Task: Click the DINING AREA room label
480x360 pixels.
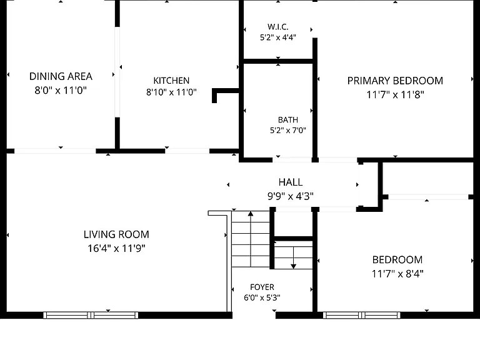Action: click(x=61, y=76)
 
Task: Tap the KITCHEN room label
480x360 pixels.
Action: click(x=171, y=81)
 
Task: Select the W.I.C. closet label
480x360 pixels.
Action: click(x=278, y=27)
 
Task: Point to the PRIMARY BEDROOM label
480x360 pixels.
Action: click(x=395, y=81)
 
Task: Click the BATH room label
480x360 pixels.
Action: click(x=288, y=120)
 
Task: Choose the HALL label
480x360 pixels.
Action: click(x=291, y=182)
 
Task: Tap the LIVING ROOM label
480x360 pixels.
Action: click(x=116, y=234)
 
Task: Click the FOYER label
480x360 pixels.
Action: click(x=262, y=287)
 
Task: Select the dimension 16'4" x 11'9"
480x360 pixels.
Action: click(x=116, y=248)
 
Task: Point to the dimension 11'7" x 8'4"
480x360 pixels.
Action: click(x=397, y=273)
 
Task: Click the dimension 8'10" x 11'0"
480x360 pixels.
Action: click(x=171, y=92)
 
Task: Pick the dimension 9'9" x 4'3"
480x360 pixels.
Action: click(x=291, y=196)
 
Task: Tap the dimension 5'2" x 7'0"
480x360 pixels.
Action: click(x=288, y=131)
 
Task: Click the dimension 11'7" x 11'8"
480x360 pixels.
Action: click(x=395, y=94)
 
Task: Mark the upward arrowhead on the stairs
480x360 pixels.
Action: click(x=251, y=214)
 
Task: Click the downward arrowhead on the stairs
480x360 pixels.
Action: click(x=293, y=266)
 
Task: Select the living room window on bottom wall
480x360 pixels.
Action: click(x=91, y=315)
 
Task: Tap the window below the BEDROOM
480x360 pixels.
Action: click(x=361, y=315)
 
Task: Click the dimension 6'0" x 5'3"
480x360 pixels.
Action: click(x=262, y=297)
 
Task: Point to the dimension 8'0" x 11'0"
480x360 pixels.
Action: click(x=61, y=90)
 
